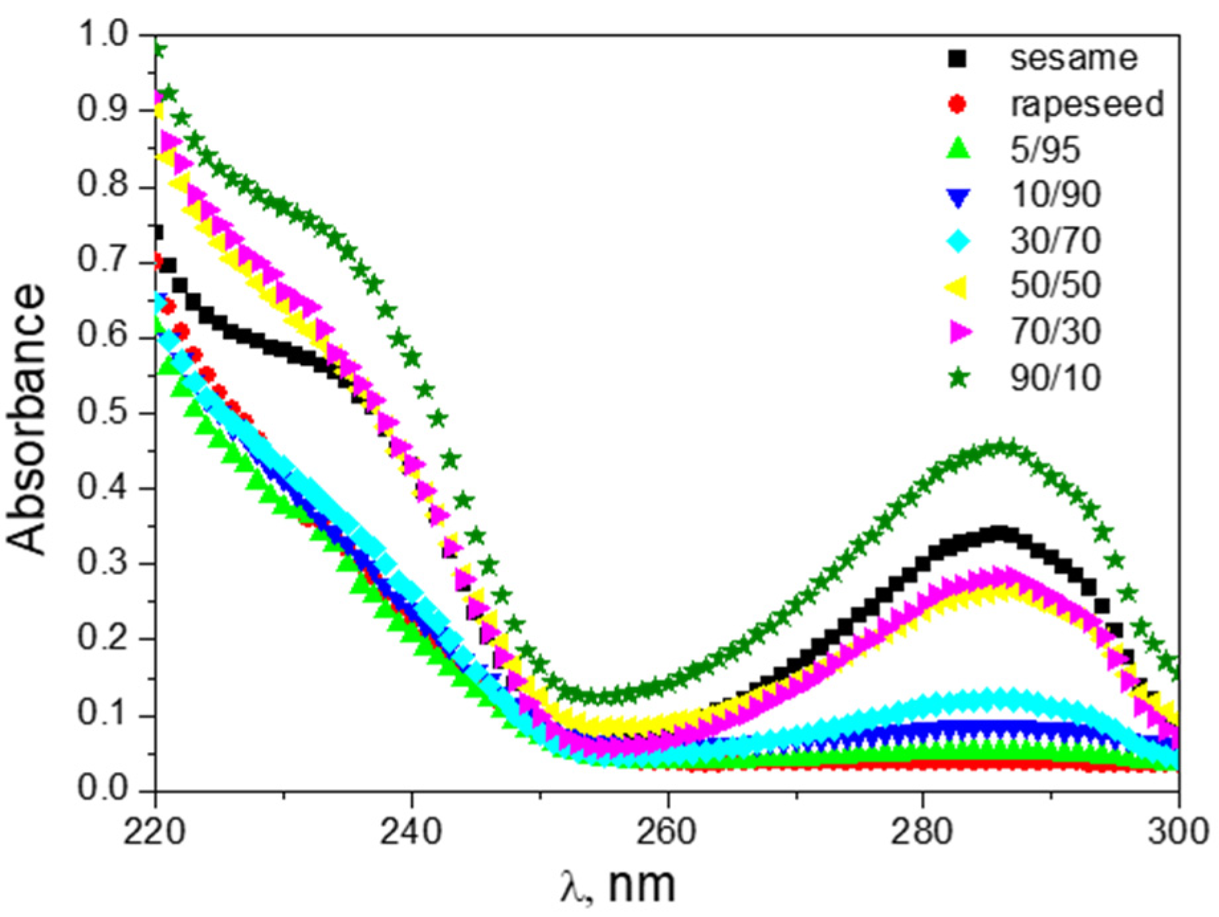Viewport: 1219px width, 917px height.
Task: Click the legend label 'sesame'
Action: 1073,58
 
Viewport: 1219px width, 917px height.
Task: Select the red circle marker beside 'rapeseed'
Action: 957,104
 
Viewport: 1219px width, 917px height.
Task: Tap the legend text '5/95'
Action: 1045,149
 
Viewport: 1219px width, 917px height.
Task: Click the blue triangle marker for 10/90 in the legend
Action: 958,197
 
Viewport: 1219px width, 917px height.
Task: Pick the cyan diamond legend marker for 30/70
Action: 958,241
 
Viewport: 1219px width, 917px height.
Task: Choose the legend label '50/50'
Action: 1055,285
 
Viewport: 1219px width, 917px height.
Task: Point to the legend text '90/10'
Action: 1055,378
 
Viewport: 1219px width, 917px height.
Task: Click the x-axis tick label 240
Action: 411,831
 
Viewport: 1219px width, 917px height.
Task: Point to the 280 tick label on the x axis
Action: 922,831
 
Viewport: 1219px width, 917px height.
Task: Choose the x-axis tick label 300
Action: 1178,831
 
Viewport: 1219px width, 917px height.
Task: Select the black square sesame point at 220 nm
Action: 158,233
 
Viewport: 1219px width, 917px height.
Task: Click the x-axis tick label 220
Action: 155,831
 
